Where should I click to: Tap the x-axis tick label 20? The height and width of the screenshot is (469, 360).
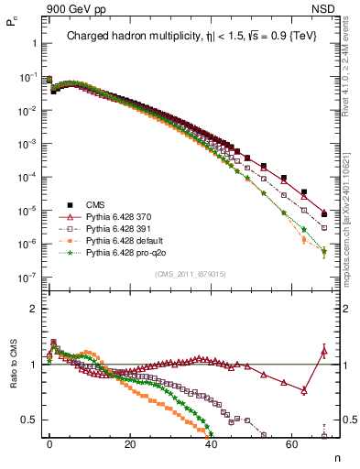point(130,443)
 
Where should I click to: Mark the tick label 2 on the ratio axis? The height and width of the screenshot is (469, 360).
point(33,309)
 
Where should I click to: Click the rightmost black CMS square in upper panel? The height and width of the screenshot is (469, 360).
point(324,215)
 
